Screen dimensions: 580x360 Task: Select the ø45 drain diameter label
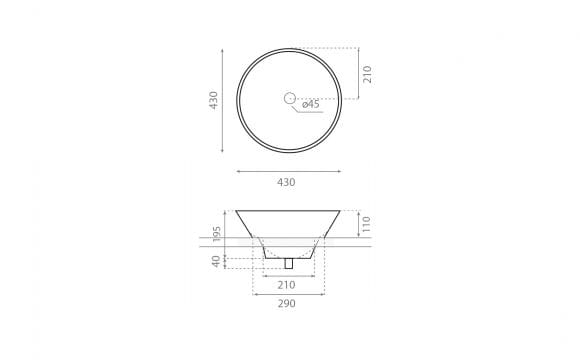click(310, 104)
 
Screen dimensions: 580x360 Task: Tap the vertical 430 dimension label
click(213, 100)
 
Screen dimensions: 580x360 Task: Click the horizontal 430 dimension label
click(286, 182)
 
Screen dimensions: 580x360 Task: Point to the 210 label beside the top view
click(367, 74)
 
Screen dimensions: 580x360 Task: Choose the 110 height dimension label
click(365, 224)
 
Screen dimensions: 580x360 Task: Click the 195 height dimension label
click(217, 234)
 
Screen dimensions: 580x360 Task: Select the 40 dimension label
click(216, 261)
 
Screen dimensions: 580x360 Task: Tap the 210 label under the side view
click(286, 285)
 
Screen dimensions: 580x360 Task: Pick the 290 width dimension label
click(287, 304)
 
